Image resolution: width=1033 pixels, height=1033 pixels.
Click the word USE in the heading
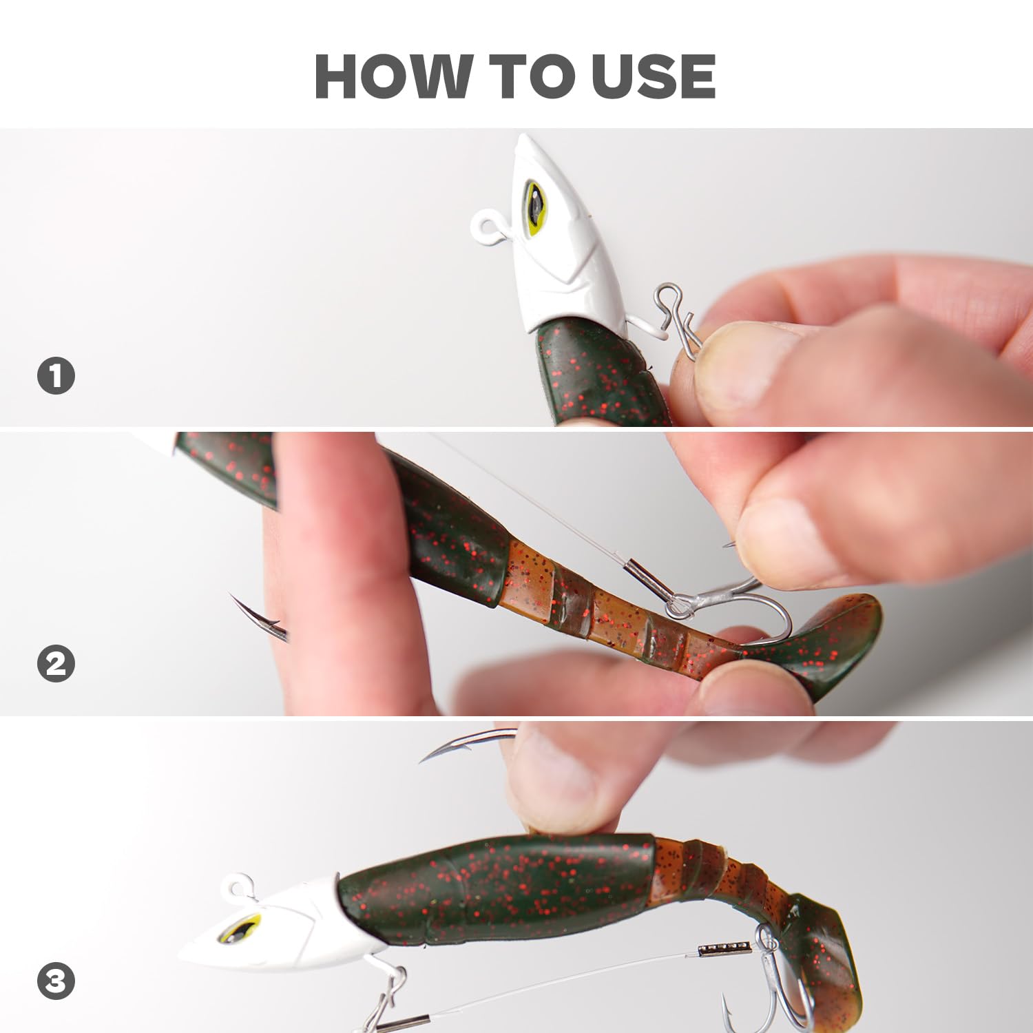[x=653, y=76]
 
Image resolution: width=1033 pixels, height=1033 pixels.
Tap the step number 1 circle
[x=56, y=376]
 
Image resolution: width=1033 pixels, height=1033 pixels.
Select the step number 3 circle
[x=56, y=981]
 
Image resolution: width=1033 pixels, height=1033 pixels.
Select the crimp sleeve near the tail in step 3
[x=723, y=950]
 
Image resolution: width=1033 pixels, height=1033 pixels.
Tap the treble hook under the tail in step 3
[x=771, y=992]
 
